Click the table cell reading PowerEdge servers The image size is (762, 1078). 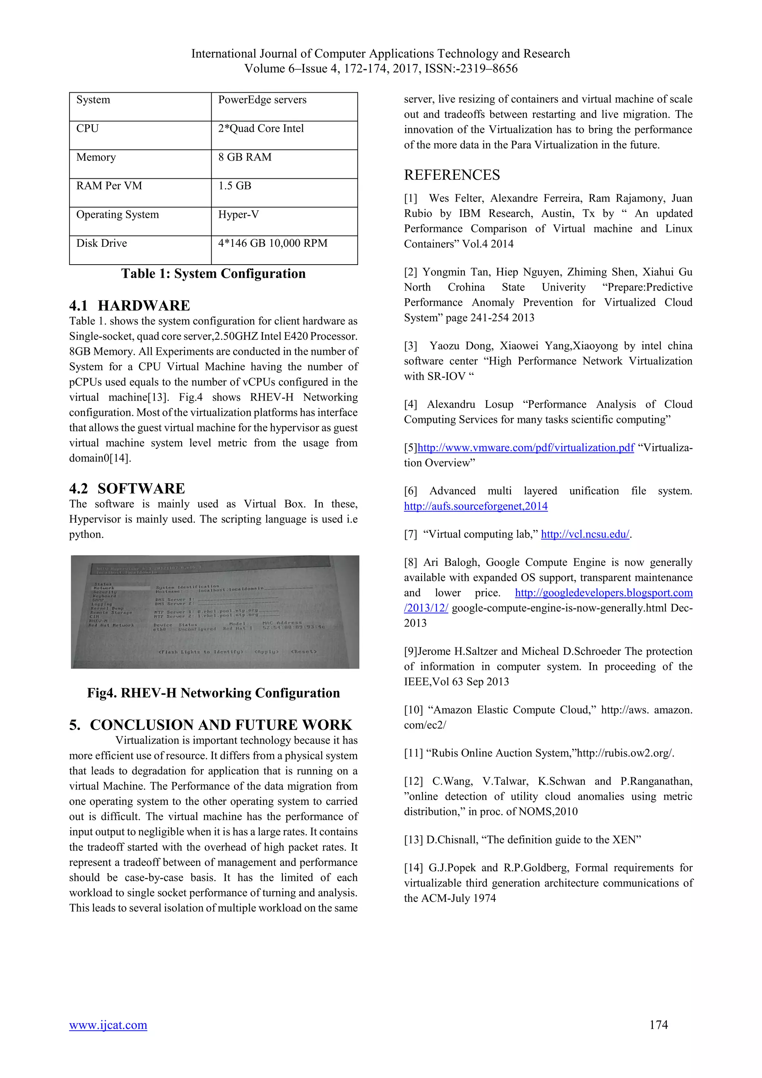click(x=262, y=100)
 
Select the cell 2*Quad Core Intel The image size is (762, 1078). click(x=261, y=129)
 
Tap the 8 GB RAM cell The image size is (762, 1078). click(x=244, y=157)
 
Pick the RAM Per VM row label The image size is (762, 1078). click(x=109, y=186)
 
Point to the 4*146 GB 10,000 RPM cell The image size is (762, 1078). click(x=273, y=243)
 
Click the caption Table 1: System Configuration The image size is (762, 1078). click(x=213, y=274)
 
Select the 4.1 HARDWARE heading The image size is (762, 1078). click(x=129, y=306)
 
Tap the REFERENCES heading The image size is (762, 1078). click(x=452, y=175)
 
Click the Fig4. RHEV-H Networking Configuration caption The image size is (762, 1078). click(x=213, y=693)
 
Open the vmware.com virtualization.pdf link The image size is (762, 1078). click(x=525, y=448)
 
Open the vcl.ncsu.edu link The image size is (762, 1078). click(x=585, y=534)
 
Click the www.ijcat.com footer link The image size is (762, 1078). click(x=108, y=1025)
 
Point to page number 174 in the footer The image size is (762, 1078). click(x=658, y=1025)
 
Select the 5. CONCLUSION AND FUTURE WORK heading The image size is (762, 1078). click(x=210, y=725)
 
